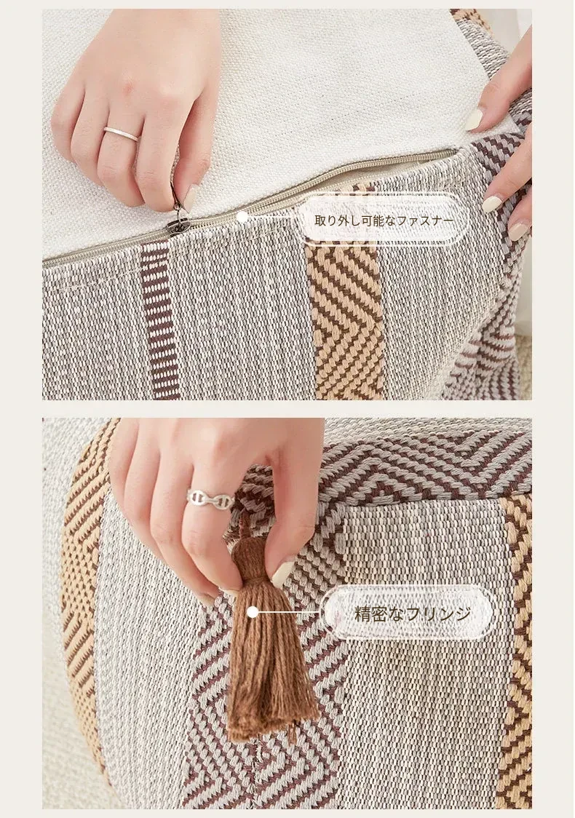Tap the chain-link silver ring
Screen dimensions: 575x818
(210, 500)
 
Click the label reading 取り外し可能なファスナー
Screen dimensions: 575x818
(384, 221)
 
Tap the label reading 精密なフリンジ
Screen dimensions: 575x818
(413, 613)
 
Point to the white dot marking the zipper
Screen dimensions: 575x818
(242, 216)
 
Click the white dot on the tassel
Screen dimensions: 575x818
(253, 612)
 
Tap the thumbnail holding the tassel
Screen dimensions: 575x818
(282, 573)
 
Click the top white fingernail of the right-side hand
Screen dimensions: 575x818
(475, 119)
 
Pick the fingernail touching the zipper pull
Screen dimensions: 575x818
(191, 198)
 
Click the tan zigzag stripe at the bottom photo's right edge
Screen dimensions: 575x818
(517, 652)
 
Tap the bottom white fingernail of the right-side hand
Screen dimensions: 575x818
(519, 231)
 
